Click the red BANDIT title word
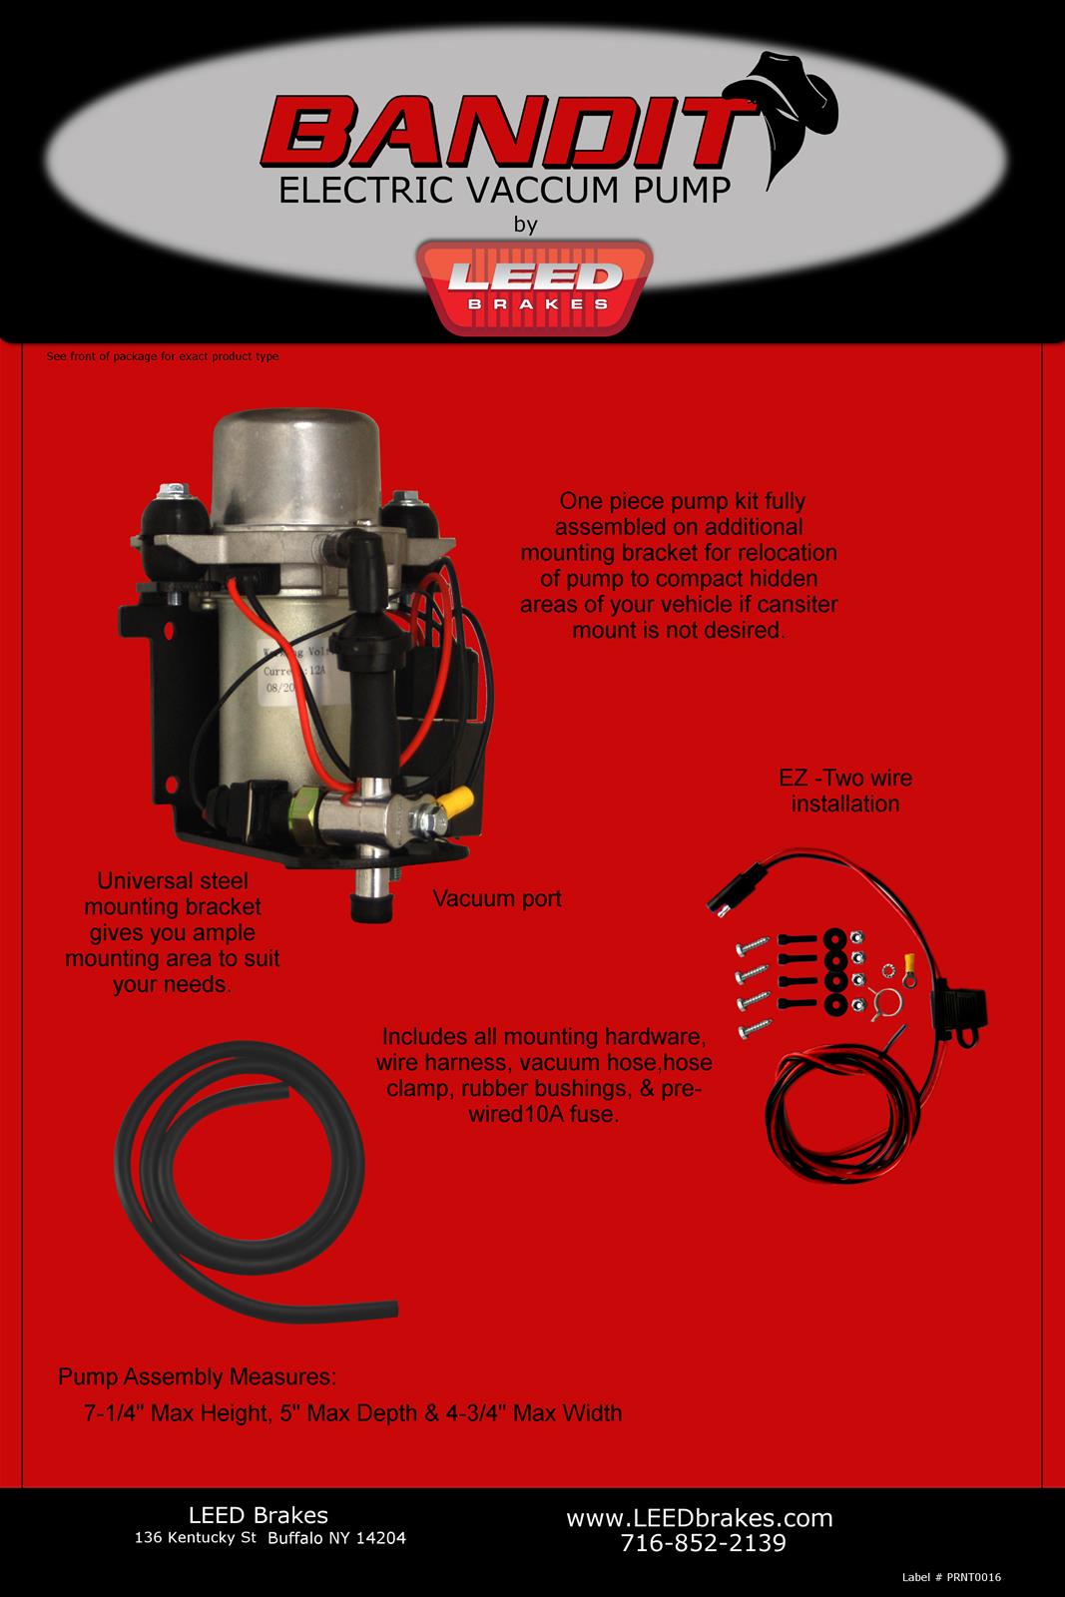click(499, 135)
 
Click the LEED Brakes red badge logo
click(538, 284)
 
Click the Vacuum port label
click(496, 898)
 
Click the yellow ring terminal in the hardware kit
click(908, 963)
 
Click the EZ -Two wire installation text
click(844, 790)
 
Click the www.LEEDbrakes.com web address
click(699, 1518)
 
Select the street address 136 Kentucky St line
click(269, 1538)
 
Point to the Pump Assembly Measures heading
click(197, 1377)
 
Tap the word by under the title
click(525, 225)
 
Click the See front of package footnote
click(163, 356)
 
